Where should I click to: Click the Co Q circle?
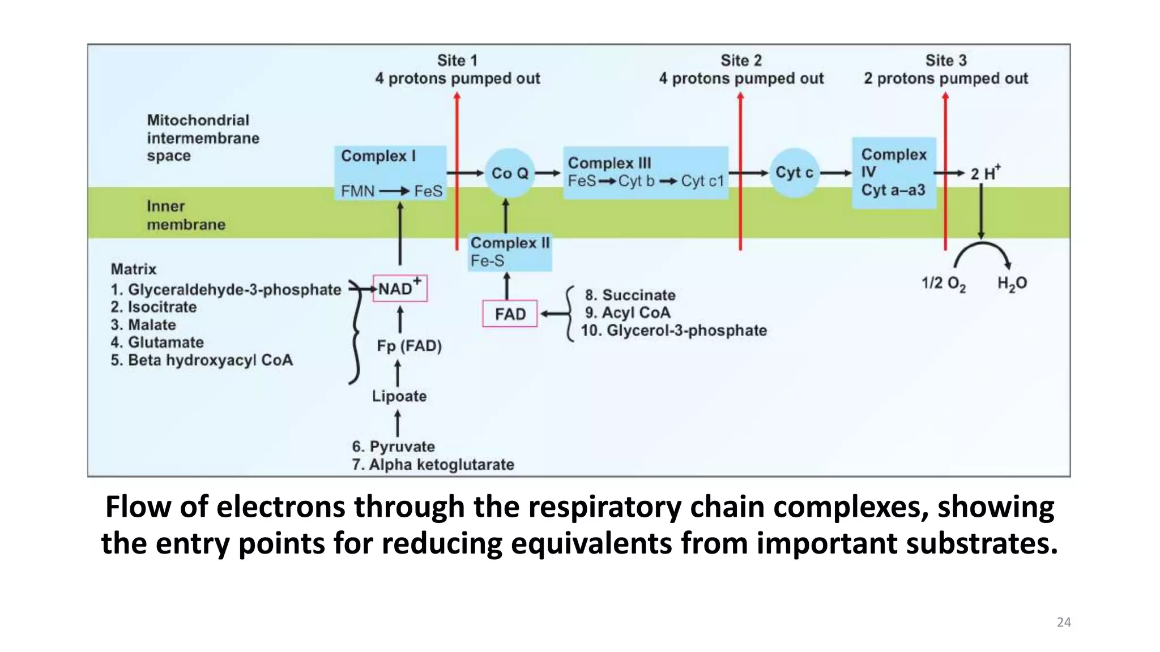(509, 173)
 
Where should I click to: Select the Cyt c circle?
(794, 173)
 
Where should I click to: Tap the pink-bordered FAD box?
(510, 314)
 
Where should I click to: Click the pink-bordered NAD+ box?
(400, 289)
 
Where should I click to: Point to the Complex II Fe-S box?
(509, 252)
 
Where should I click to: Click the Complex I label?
(378, 156)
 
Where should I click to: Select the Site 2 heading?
(741, 61)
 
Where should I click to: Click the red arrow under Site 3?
(945, 170)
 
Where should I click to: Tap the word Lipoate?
(399, 396)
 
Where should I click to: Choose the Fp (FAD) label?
(409, 346)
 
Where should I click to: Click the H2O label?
(1012, 284)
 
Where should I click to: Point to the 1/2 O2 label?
(943, 284)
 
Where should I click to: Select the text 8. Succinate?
(630, 295)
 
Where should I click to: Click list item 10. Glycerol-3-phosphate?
(673, 331)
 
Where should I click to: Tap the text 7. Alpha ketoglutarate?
(433, 465)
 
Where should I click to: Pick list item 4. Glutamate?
(157, 342)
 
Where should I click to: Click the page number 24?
(1063, 623)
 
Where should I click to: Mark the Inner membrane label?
(185, 216)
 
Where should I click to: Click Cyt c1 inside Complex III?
(702, 181)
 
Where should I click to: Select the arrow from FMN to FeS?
(394, 191)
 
